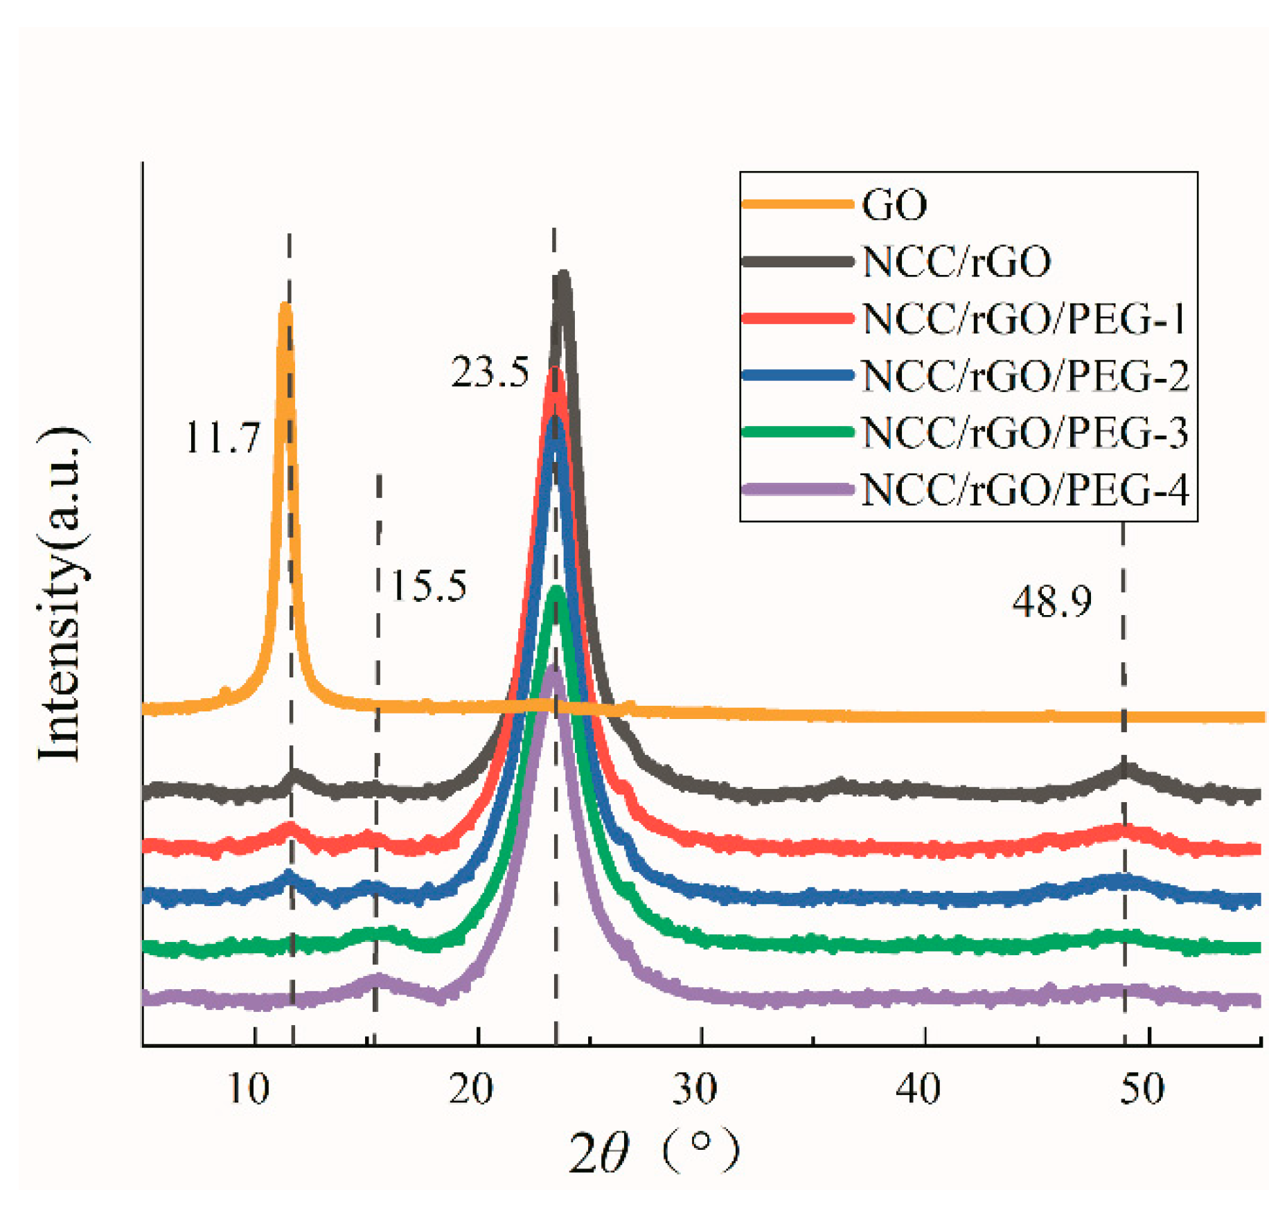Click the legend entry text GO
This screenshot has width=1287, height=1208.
894,205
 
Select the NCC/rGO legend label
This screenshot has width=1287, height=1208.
957,262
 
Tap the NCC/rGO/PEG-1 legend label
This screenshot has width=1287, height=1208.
1024,319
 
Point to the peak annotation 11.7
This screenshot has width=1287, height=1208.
222,438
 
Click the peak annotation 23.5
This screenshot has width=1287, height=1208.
490,372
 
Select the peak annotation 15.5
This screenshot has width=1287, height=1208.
429,586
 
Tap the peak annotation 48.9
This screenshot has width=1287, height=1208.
1051,601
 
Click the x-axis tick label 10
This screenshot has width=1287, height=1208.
247,1089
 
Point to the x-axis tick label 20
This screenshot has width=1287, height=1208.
470,1089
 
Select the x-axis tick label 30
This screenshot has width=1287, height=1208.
694,1089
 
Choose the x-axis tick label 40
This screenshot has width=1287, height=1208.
918,1089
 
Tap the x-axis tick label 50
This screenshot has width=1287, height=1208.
1142,1089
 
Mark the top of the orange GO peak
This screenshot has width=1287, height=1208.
285,306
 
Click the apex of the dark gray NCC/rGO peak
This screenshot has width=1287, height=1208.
563,276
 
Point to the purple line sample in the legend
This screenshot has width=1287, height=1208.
797,490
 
